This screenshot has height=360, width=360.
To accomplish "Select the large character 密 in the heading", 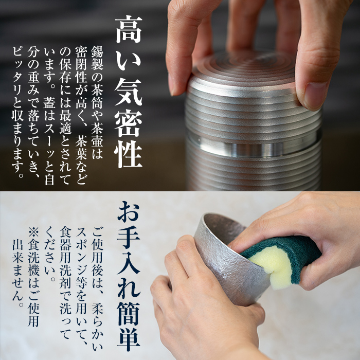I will coord(127,120).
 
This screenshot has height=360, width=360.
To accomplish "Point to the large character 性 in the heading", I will coord(127,151).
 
